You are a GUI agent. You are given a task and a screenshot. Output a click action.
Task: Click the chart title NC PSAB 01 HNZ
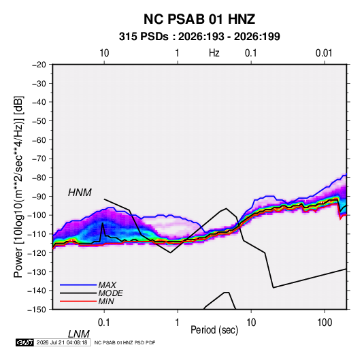coord(199,19)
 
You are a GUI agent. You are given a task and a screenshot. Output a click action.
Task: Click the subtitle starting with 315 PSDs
coord(199,37)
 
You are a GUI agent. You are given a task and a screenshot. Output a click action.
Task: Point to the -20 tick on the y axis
coord(39,65)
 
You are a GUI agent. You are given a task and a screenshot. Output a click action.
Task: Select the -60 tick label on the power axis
coord(39,140)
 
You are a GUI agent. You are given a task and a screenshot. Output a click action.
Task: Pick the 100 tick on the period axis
coord(325,322)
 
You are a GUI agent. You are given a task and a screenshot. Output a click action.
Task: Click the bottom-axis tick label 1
coord(178,322)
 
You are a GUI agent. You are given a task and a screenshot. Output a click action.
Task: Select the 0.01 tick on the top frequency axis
coord(324,53)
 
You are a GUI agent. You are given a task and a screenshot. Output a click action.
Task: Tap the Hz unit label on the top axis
coord(214,53)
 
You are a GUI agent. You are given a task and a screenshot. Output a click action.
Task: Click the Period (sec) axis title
coord(214,330)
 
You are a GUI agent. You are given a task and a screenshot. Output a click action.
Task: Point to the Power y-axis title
coord(18,186)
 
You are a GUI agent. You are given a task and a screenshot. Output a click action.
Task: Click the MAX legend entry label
coord(107,285)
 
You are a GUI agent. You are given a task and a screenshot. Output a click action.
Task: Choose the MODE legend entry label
coord(110,293)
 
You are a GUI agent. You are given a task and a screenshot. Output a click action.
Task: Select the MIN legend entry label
coord(106,301)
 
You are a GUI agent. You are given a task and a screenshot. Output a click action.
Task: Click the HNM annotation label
coord(80,193)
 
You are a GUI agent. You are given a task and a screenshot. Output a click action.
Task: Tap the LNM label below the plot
coord(79,334)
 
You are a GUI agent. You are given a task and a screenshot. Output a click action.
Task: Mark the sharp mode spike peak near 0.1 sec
coord(102,223)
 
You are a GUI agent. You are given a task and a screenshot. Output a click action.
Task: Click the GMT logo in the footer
coord(24,342)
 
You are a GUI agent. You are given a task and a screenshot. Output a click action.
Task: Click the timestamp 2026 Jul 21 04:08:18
coord(62,342)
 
